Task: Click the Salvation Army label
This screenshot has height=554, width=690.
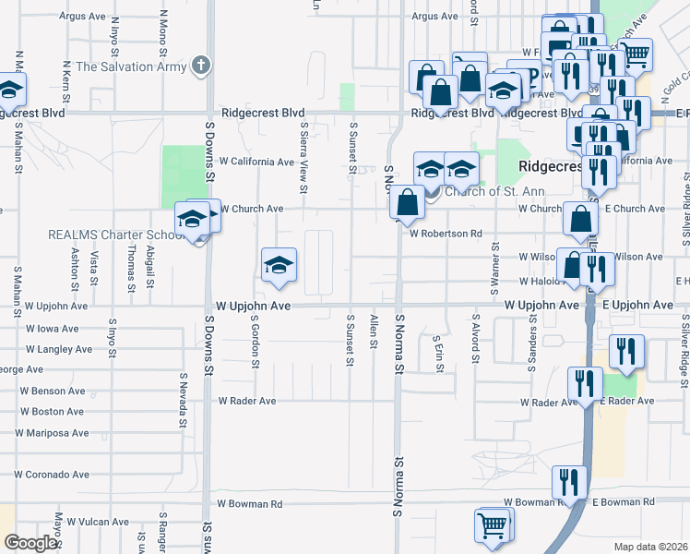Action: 131,66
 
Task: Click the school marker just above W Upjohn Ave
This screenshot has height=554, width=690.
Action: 278,266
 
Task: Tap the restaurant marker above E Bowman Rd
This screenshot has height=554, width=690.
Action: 568,482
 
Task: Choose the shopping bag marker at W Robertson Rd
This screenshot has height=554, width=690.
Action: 407,201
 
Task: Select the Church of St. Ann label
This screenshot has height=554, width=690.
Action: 494,192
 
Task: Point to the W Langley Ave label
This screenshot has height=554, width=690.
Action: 59,350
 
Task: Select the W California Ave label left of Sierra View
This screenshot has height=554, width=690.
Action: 256,162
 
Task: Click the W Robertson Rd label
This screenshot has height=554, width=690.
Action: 446,234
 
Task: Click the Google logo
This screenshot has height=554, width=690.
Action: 31,543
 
